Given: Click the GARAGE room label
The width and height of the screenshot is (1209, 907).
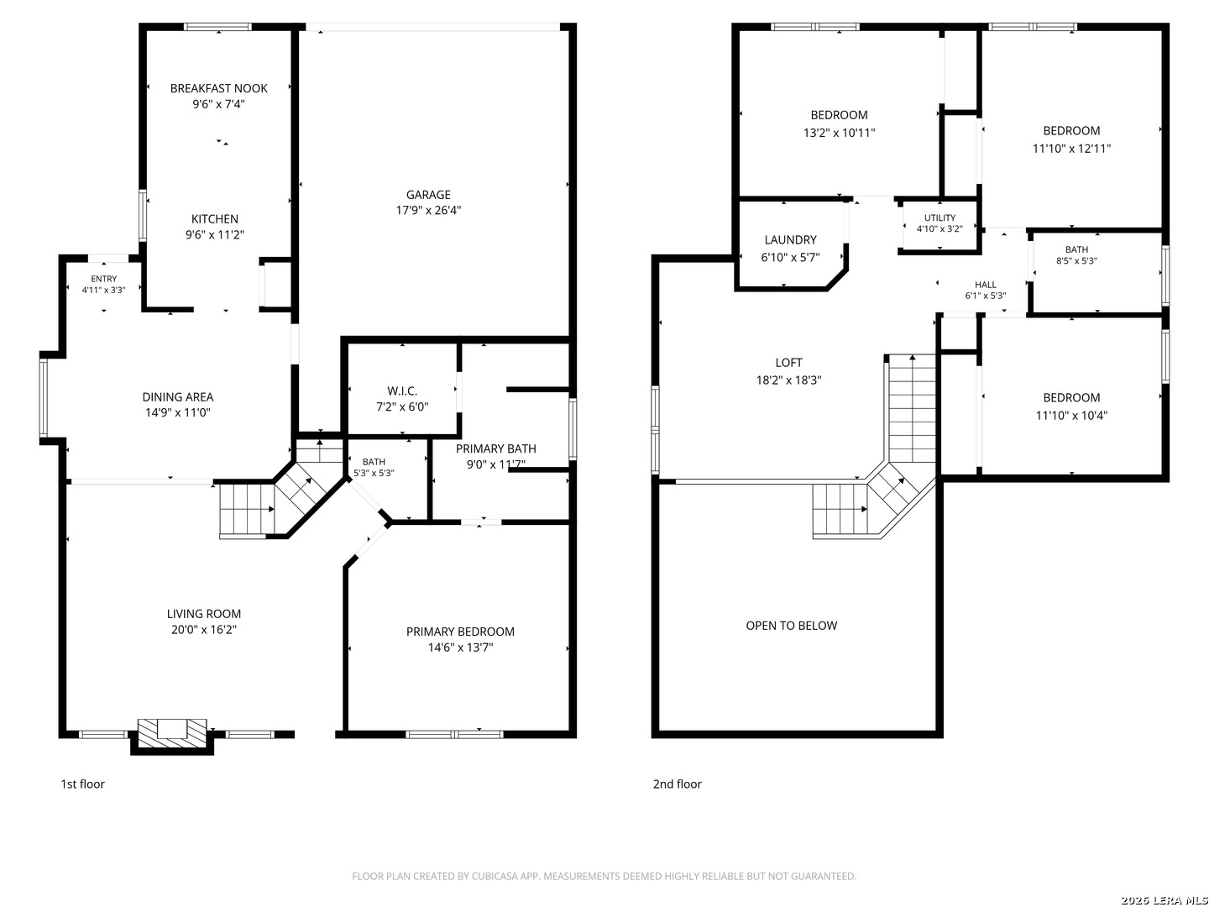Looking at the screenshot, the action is pos(428,194).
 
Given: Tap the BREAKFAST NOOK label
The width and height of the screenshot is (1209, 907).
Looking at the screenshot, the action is pos(218,88).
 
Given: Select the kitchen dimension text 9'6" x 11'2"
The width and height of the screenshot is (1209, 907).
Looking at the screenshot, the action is pos(214,234).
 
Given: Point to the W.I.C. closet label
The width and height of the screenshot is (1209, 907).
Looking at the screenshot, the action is pos(402,391).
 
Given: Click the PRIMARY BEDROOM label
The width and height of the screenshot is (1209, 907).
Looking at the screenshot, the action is pos(460,632).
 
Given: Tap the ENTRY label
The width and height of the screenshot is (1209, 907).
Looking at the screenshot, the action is pos(103,279).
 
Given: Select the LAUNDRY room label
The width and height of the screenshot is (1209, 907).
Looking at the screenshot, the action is pos(790,239).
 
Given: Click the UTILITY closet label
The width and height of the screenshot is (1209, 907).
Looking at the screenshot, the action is pos(939,218).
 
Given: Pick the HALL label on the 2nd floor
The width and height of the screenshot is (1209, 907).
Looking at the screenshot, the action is pos(985,285).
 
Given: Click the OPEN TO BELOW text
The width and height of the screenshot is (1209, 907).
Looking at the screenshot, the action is pos(791,626).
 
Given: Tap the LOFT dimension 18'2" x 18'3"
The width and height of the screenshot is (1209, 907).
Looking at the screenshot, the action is pos(788,380).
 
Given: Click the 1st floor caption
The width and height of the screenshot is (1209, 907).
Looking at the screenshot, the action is pos(82,784).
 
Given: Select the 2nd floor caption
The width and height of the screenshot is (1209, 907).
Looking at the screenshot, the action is pos(677,784).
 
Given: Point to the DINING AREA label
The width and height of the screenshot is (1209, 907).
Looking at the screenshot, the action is pos(177,397).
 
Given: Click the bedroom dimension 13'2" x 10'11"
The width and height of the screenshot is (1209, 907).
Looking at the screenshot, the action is pos(838,133).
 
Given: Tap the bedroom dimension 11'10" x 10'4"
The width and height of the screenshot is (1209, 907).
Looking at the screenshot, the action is pos(1070,415).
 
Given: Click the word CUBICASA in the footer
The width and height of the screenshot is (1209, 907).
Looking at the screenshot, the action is pos(491,876).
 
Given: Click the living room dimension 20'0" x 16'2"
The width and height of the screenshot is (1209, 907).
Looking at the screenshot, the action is pos(203,630).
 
